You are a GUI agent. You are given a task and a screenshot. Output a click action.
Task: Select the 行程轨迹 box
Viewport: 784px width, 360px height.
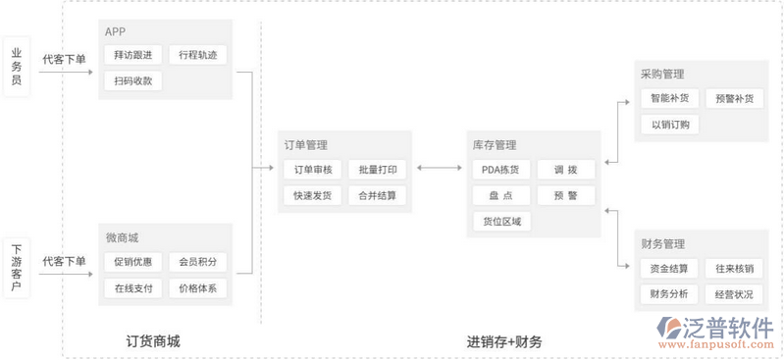(x=198, y=55)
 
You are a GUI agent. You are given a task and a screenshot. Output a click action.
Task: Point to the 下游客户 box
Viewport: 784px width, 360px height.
(x=16, y=269)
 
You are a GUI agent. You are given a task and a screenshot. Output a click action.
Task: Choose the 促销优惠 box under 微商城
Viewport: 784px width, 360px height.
(x=132, y=262)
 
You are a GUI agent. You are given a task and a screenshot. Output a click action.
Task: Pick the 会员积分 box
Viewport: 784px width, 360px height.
(x=198, y=262)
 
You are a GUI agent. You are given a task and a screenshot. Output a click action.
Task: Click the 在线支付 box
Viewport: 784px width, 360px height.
(x=132, y=288)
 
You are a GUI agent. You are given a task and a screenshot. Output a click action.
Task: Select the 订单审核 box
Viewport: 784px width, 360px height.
(x=313, y=170)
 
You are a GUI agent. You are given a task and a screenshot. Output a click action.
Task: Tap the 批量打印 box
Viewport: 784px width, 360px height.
(x=378, y=170)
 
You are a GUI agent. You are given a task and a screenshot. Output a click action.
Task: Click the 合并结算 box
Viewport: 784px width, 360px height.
(x=378, y=195)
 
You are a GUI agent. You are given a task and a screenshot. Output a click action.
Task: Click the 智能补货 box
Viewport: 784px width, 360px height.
(x=669, y=98)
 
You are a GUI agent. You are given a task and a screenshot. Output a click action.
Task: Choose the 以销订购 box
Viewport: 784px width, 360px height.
(x=669, y=125)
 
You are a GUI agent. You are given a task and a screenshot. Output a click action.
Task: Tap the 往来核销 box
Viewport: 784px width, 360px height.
(x=734, y=268)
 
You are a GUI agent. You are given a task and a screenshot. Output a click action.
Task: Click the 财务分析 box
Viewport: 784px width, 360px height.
(x=669, y=294)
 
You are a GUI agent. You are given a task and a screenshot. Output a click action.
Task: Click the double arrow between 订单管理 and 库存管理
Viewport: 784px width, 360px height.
(x=439, y=169)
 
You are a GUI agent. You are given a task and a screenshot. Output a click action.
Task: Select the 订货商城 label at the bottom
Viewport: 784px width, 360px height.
(x=153, y=341)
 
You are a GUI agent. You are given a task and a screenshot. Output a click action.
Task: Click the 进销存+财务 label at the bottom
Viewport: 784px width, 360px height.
(x=504, y=341)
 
